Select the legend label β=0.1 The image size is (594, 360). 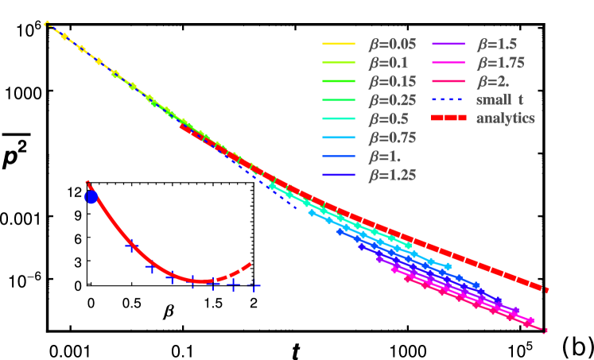(389, 64)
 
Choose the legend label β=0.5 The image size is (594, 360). (389, 119)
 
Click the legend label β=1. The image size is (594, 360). (386, 156)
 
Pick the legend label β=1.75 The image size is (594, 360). (501, 64)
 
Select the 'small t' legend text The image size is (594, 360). (499, 100)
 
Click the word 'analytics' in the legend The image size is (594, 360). (505, 119)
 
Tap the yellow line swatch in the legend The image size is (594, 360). (338, 45)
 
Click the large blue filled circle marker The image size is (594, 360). (91, 197)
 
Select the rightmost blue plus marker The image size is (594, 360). (254, 285)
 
